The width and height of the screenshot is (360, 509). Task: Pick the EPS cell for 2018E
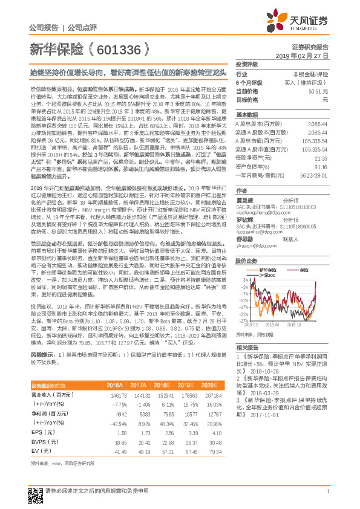[159, 433]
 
